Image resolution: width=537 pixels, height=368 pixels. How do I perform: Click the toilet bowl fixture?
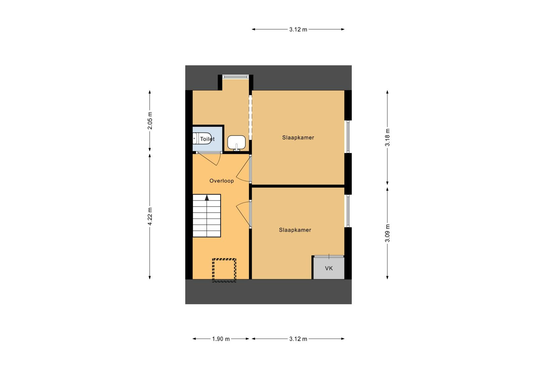click(x=202, y=139)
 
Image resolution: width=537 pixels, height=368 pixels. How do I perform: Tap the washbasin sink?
click(x=236, y=143)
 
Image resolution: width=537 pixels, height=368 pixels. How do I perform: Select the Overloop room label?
click(x=222, y=181)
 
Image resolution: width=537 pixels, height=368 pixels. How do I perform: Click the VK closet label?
click(x=329, y=268)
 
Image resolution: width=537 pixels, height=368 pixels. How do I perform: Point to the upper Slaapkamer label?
click(x=298, y=138)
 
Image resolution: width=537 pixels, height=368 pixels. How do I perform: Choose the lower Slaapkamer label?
click(x=295, y=230)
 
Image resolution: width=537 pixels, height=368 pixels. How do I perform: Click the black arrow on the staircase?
click(x=207, y=198)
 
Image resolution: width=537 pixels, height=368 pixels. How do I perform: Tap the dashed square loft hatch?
click(x=224, y=270)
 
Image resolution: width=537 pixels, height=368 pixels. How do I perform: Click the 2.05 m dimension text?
click(x=150, y=120)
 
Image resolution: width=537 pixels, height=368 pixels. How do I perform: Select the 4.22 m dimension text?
click(x=150, y=216)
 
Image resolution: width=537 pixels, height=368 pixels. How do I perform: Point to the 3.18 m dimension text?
click(x=387, y=137)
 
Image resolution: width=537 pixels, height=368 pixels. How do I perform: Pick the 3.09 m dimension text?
click(x=387, y=233)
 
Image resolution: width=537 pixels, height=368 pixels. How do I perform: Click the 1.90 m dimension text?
click(x=221, y=339)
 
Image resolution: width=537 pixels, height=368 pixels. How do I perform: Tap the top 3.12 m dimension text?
click(x=298, y=30)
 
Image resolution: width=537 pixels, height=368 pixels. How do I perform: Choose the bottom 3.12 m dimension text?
click(x=298, y=339)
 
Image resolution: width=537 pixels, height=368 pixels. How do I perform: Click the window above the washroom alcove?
click(x=235, y=77)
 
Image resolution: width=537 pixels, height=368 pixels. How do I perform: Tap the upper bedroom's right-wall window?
click(x=348, y=137)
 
